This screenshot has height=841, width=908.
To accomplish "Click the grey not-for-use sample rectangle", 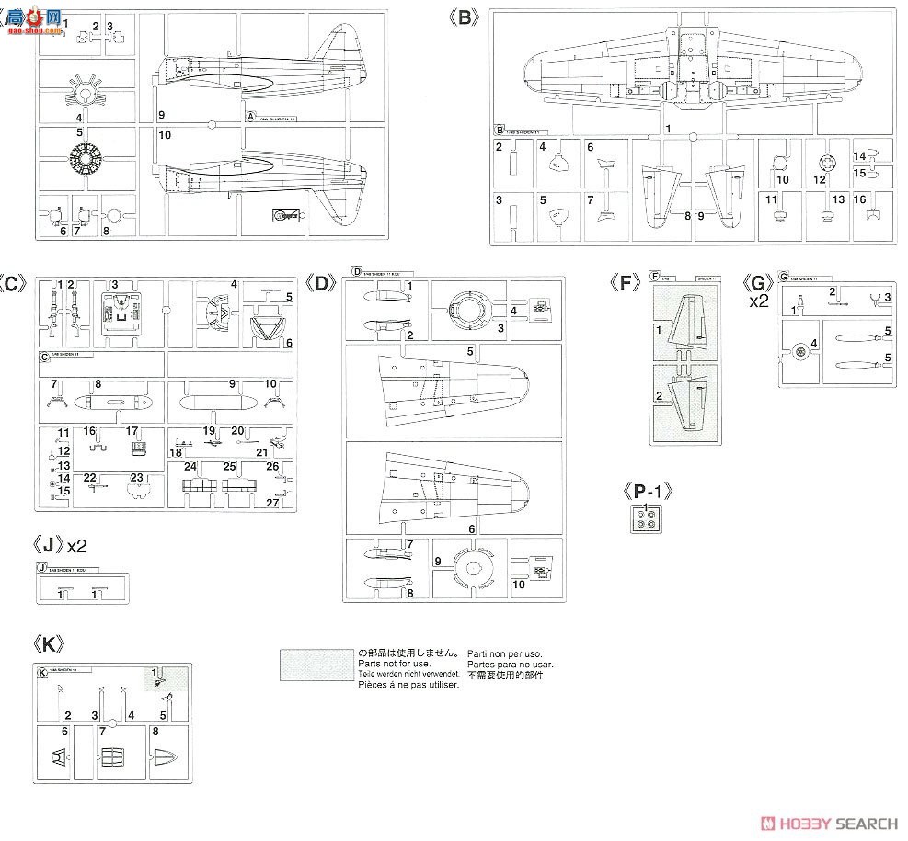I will click(x=316, y=664).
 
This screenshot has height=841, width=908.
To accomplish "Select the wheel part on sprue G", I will click(x=799, y=350).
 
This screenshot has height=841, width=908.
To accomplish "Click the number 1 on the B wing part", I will click(x=668, y=128).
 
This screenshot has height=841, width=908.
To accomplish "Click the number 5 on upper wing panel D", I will click(x=470, y=351).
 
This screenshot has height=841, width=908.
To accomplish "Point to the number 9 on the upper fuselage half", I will click(x=160, y=115).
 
